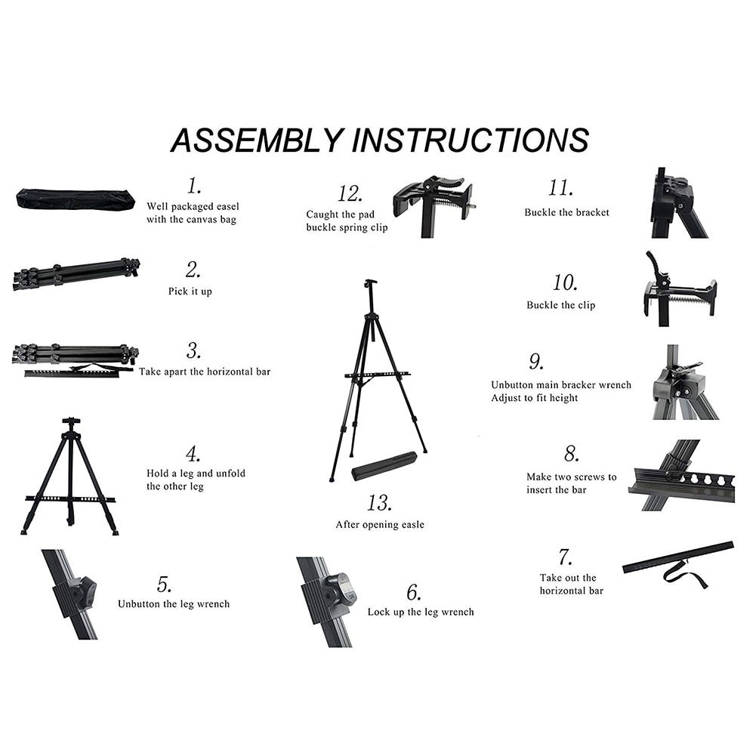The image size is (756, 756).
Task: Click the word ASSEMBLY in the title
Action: click(256, 140)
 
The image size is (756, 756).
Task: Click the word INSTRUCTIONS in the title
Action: click(469, 140)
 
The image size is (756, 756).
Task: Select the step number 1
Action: click(194, 185)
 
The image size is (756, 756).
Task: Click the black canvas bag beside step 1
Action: click(75, 200)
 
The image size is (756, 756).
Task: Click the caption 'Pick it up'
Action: click(190, 292)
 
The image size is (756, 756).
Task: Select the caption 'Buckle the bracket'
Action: click(566, 212)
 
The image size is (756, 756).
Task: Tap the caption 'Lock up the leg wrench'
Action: click(421, 612)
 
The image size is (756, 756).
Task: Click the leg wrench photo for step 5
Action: click(73, 595)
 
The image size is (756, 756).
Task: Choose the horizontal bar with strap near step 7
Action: click(677, 563)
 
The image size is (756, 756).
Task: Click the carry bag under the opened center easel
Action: click(384, 466)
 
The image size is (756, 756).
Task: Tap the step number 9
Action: click(535, 363)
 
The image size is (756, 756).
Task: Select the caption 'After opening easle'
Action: click(380, 524)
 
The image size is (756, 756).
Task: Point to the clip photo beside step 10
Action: click(677, 291)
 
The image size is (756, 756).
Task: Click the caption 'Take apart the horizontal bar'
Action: click(204, 372)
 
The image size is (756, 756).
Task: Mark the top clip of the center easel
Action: click(369, 284)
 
